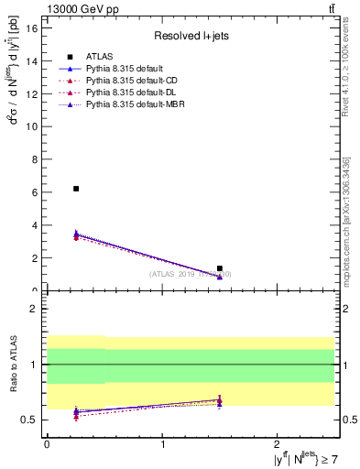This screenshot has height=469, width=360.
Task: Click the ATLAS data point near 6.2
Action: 76,189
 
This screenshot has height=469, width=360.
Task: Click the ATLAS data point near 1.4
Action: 220,268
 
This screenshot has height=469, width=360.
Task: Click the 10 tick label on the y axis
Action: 31,126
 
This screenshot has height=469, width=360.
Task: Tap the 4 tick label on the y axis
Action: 34,225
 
